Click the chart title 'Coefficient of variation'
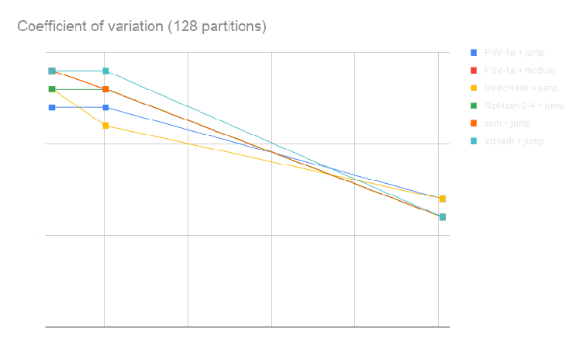point(142,27)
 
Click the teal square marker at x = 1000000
point(106,71)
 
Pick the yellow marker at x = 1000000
point(106,126)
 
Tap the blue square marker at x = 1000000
point(106,107)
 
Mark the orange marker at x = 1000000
point(106,89)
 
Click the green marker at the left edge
point(52,89)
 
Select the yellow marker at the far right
point(442,199)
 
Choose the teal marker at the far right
point(442,217)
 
